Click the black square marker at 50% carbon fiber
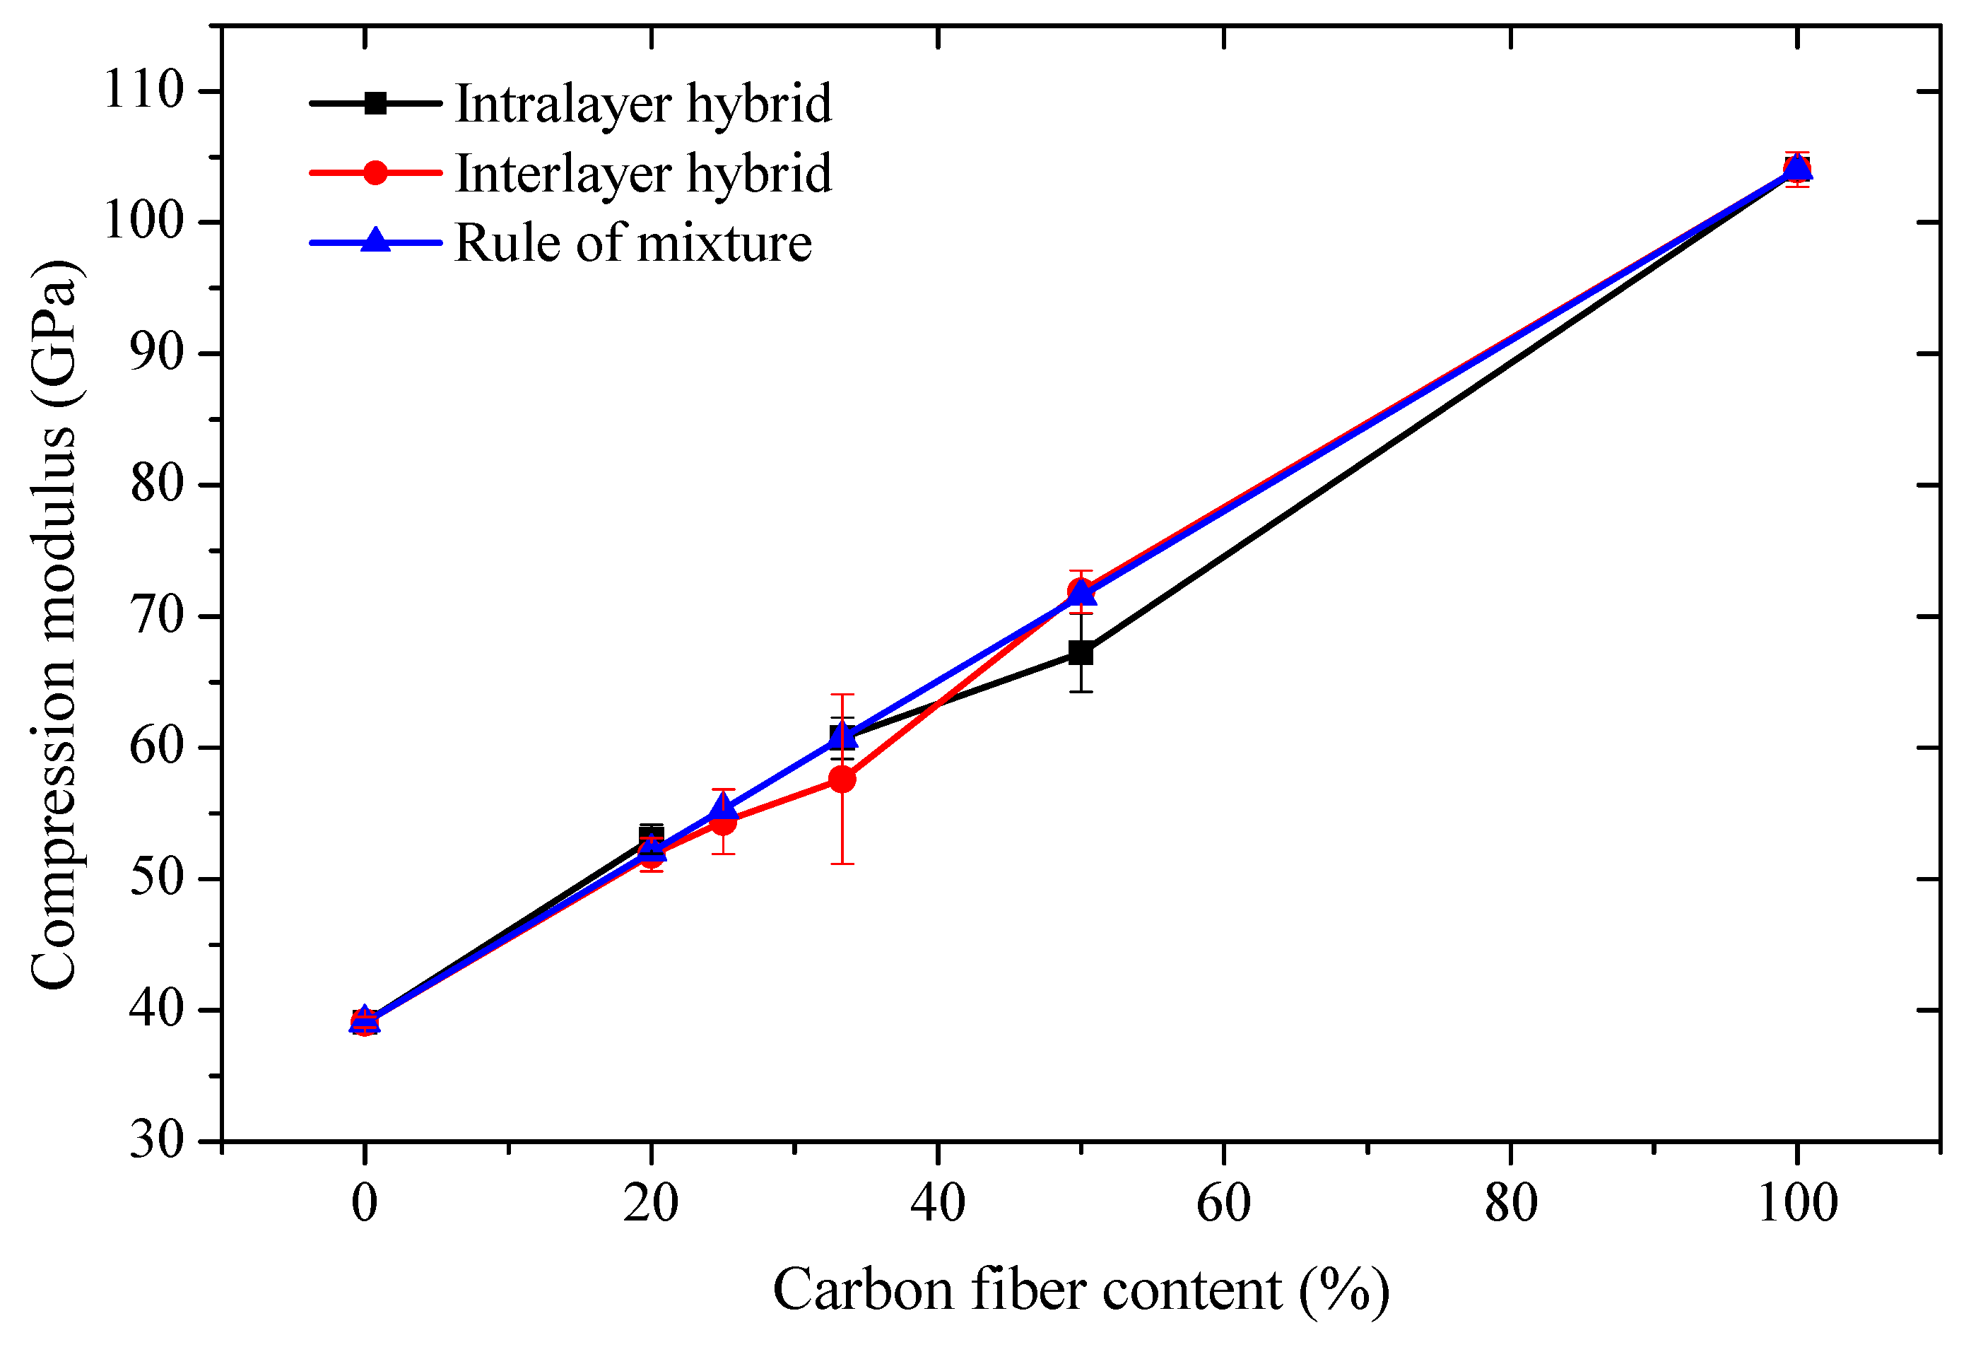1081,652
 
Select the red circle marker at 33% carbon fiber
842,779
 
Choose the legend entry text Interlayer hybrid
643,173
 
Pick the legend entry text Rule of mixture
633,242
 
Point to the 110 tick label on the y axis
143,89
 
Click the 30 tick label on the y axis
156,1139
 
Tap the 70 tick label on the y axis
156,615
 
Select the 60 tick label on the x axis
1223,1203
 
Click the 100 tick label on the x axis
1797,1203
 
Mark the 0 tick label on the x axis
364,1203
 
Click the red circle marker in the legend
375,173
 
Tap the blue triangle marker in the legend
375,241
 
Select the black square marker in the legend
375,103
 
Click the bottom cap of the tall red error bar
842,864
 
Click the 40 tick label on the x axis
937,1203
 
